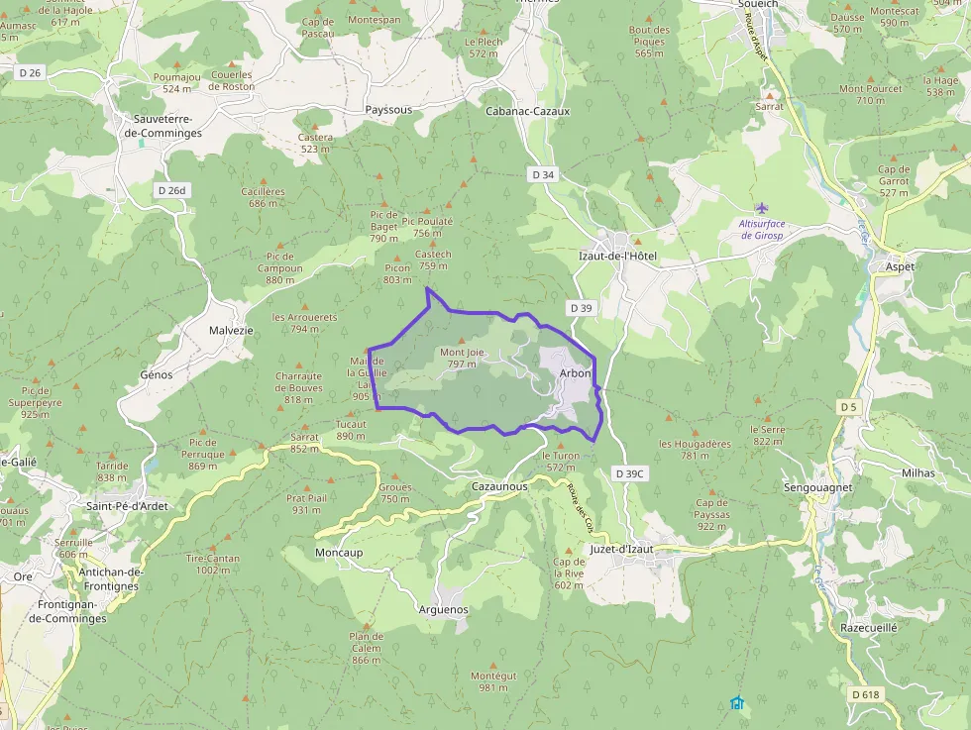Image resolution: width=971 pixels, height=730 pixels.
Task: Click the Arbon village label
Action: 575,373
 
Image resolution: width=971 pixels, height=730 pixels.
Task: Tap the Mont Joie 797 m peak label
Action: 462,358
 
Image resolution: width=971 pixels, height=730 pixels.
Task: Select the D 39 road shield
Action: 582,308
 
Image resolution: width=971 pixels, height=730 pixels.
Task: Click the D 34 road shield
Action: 542,174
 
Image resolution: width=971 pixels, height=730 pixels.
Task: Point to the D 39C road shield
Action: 629,473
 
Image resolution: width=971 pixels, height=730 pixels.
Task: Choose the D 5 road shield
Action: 847,407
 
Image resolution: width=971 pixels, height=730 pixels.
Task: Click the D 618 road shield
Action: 865,694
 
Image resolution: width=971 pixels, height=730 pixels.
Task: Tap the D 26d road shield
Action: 171,190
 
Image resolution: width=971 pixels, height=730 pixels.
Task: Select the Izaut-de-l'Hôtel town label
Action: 618,256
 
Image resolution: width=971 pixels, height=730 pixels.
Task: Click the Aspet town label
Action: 899,267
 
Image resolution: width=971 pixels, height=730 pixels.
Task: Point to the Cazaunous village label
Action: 500,486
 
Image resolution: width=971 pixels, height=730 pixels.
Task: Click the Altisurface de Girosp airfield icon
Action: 761,208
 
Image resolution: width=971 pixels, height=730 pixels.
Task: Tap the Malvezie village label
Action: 231,330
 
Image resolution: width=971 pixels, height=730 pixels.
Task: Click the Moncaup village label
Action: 339,552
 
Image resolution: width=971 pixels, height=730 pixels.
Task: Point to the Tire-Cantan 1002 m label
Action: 213,564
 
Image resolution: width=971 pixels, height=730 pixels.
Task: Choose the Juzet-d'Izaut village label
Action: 621,549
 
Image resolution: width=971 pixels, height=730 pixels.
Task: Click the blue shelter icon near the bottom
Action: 736,703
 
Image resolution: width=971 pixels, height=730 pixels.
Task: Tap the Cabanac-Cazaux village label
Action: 527,111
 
